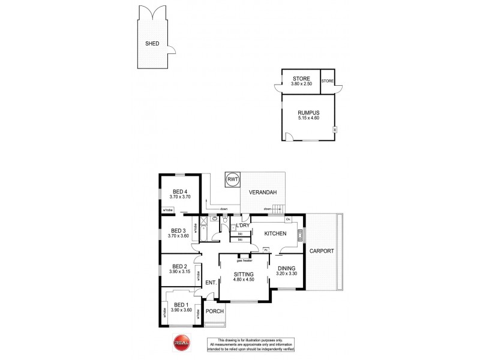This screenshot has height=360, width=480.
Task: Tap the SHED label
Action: pos(152,44)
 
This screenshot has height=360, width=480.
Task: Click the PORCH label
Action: pos(214,311)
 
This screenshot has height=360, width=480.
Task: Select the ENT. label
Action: pos(211,283)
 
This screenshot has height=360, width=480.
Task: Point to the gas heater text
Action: pos(244,260)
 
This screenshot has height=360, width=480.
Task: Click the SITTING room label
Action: pos(244,274)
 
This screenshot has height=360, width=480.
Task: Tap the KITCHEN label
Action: pos(274,233)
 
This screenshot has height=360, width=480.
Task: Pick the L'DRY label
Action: pos(243,225)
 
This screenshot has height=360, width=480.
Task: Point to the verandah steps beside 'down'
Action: pos(277,209)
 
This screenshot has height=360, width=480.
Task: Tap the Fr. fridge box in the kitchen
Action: pos(266,248)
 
